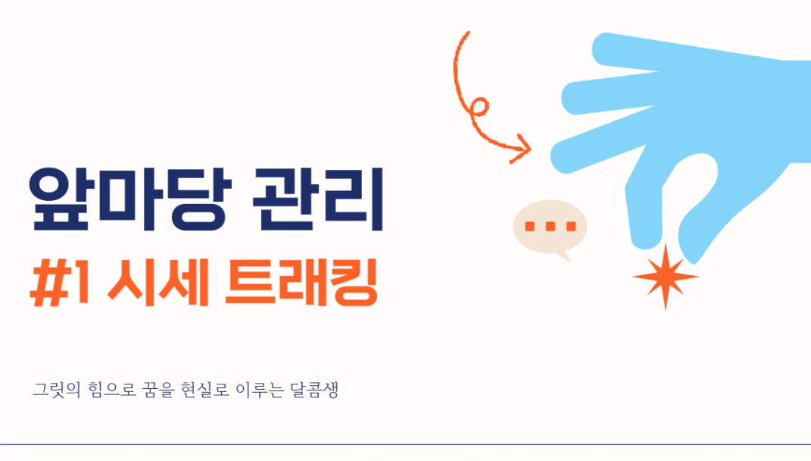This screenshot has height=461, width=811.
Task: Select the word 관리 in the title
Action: (x=318, y=199)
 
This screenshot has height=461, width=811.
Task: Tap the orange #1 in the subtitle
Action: (x=60, y=284)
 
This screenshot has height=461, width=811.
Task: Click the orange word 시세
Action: (x=158, y=283)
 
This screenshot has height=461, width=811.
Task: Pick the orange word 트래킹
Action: (x=301, y=283)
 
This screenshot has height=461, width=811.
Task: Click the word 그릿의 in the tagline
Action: (x=57, y=390)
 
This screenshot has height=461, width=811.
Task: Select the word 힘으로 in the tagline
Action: (x=112, y=390)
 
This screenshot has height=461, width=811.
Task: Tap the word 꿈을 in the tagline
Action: (x=159, y=390)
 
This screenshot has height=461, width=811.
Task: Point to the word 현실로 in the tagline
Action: (x=205, y=390)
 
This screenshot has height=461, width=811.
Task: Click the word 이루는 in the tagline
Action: (x=260, y=390)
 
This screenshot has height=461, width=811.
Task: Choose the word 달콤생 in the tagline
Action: (x=314, y=390)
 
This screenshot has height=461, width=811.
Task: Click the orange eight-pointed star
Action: (x=666, y=277)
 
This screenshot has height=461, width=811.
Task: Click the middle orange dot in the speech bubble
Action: (x=551, y=227)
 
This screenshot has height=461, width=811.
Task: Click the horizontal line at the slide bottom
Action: (x=406, y=444)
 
